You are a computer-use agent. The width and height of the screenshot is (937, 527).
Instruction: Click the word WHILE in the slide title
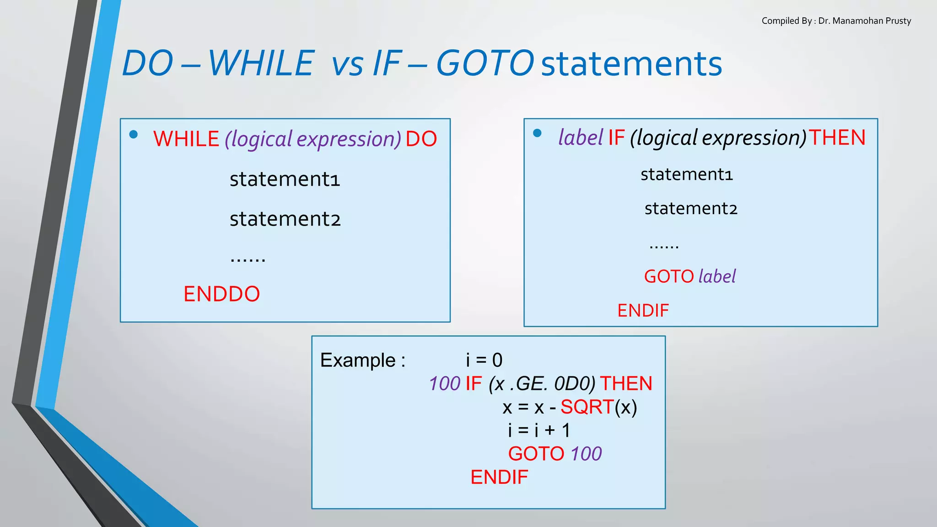(x=261, y=63)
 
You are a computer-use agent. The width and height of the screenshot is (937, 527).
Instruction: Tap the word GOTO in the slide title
(x=485, y=63)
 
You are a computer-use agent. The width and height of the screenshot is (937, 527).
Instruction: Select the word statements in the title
(x=631, y=64)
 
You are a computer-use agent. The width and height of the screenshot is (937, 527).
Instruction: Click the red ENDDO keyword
(x=221, y=294)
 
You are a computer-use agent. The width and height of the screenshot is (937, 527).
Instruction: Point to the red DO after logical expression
(x=421, y=139)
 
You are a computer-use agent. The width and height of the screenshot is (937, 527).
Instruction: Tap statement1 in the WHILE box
(x=285, y=179)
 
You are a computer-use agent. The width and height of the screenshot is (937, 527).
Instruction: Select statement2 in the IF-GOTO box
(x=691, y=209)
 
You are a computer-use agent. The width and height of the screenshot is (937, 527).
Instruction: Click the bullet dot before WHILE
(x=134, y=134)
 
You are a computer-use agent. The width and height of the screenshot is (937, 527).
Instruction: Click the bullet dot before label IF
(x=537, y=133)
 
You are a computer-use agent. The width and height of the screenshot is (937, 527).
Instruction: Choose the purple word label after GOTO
(x=717, y=276)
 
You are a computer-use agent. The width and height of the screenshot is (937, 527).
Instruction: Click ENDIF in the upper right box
(x=643, y=311)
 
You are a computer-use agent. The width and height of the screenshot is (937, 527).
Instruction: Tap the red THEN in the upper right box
(x=837, y=138)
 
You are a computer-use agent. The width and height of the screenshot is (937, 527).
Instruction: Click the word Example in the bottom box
(x=358, y=360)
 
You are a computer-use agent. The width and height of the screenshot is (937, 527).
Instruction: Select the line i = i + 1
(x=539, y=430)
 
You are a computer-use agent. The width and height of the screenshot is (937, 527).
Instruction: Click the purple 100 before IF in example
(x=445, y=384)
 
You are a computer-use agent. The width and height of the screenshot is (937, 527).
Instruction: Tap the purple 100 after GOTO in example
(x=586, y=454)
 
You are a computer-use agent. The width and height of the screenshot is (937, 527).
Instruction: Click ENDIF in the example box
(x=499, y=478)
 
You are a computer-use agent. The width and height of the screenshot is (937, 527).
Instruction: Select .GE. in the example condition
(x=528, y=384)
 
